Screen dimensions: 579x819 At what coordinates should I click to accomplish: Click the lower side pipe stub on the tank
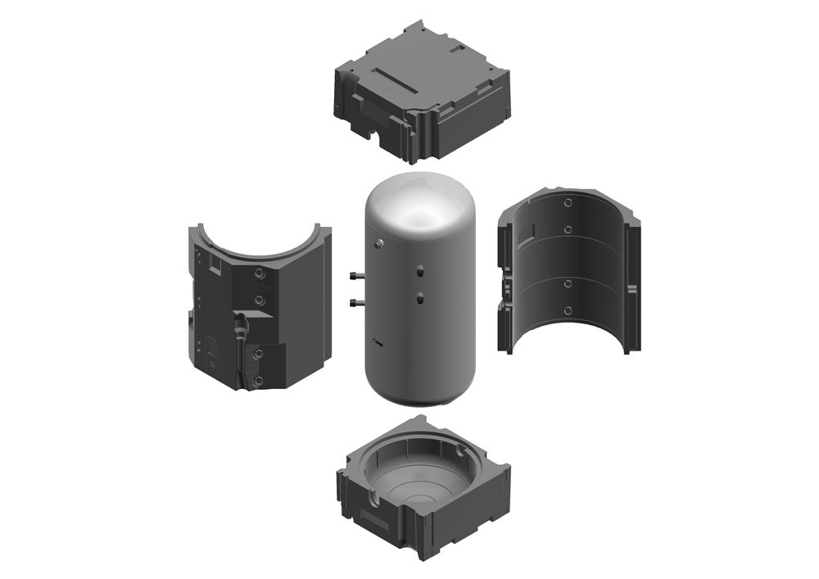tap(355, 304)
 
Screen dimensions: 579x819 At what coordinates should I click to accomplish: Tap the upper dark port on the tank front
tap(419, 269)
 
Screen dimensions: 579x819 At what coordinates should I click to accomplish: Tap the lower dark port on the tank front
tap(419, 297)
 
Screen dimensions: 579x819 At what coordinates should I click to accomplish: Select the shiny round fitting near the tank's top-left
tap(379, 243)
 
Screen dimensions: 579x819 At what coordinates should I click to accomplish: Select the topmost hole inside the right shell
tap(568, 201)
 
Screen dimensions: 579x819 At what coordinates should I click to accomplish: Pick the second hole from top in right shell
tap(568, 230)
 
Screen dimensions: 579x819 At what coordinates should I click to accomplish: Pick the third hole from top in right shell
tap(567, 283)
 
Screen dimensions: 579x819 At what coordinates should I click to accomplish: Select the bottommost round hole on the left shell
tap(259, 382)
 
